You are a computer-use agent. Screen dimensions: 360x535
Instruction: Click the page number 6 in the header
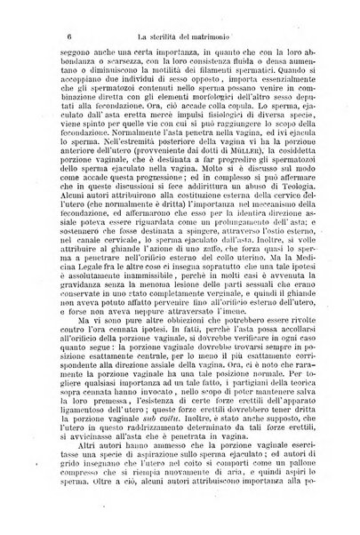[x=56, y=35]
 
